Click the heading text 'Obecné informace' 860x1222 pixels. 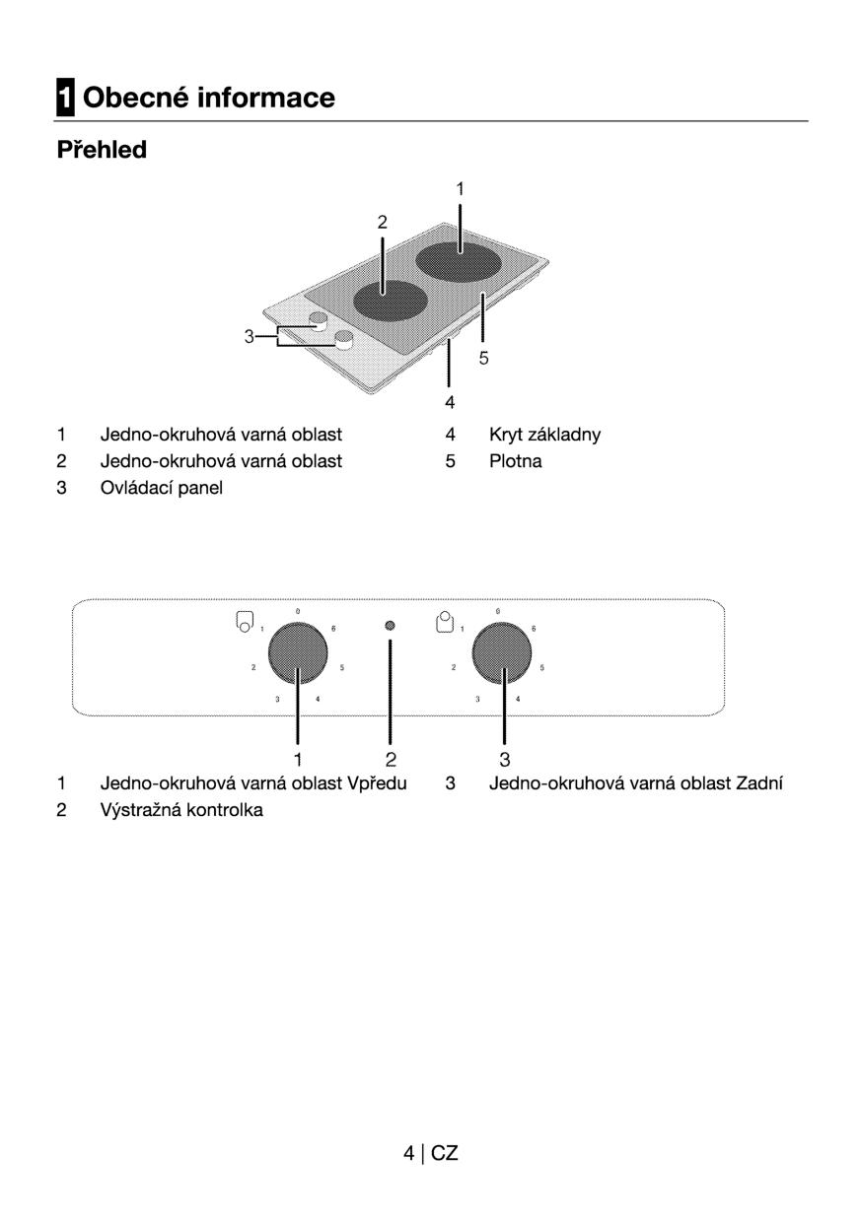(x=209, y=98)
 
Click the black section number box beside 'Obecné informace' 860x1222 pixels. (x=64, y=98)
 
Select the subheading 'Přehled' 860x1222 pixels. (x=102, y=150)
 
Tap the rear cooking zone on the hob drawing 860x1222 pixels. (x=460, y=260)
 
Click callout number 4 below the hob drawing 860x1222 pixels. (x=450, y=402)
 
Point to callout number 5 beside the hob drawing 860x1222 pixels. (x=484, y=359)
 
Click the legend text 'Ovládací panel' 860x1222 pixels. (x=161, y=488)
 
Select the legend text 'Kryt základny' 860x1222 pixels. (x=544, y=435)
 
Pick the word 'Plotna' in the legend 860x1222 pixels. (x=515, y=461)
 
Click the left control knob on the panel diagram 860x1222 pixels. (x=297, y=654)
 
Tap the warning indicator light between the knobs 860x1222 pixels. (x=390, y=626)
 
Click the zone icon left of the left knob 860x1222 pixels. (x=244, y=622)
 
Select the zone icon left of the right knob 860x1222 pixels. (x=446, y=621)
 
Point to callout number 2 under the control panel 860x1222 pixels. (x=391, y=759)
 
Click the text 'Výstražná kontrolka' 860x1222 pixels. (x=181, y=811)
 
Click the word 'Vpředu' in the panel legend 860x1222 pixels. (x=377, y=784)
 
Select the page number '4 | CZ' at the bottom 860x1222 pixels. (x=430, y=1153)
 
